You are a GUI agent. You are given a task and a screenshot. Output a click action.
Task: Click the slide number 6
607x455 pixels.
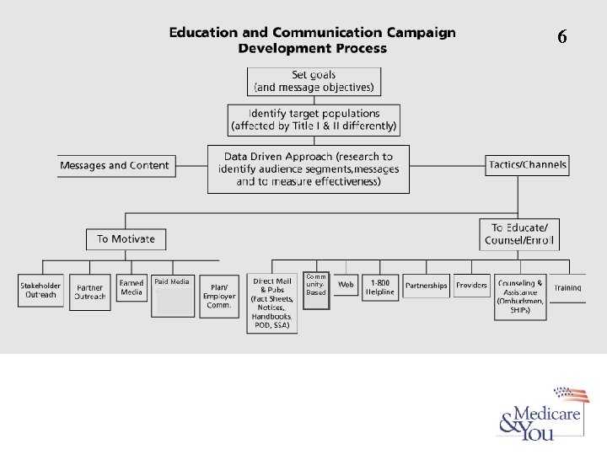pyautogui.click(x=562, y=36)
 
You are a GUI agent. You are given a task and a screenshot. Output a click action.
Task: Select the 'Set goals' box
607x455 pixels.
pyautogui.click(x=314, y=82)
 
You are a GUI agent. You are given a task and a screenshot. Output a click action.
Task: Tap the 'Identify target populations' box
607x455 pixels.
pyautogui.click(x=314, y=120)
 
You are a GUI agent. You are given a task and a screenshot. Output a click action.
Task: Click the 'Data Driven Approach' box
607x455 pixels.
pyautogui.click(x=308, y=169)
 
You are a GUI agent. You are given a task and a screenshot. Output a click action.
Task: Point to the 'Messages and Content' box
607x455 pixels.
pyautogui.click(x=115, y=165)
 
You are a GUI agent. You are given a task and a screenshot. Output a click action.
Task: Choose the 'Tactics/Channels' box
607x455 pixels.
pyautogui.click(x=526, y=164)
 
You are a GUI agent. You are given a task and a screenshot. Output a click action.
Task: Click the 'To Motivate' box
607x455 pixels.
pyautogui.click(x=126, y=238)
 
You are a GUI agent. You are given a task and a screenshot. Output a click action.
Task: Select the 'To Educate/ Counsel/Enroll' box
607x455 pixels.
pyautogui.click(x=519, y=233)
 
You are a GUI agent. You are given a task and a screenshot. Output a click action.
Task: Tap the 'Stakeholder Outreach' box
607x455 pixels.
pyautogui.click(x=40, y=290)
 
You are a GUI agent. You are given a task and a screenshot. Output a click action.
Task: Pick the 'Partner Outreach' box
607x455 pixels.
pyautogui.click(x=90, y=291)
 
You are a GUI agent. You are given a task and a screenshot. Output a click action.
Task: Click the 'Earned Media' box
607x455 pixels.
pyautogui.click(x=132, y=287)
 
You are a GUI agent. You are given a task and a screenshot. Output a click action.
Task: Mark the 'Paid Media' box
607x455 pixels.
pyautogui.click(x=172, y=294)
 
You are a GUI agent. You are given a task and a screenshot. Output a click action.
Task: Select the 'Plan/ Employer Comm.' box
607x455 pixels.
pyautogui.click(x=219, y=294)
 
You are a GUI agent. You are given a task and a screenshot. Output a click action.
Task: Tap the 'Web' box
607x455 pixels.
pyautogui.click(x=346, y=286)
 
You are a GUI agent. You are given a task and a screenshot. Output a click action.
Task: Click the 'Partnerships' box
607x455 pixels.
pyautogui.click(x=426, y=286)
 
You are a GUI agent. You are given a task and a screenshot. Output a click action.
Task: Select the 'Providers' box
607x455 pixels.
pyautogui.click(x=471, y=286)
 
